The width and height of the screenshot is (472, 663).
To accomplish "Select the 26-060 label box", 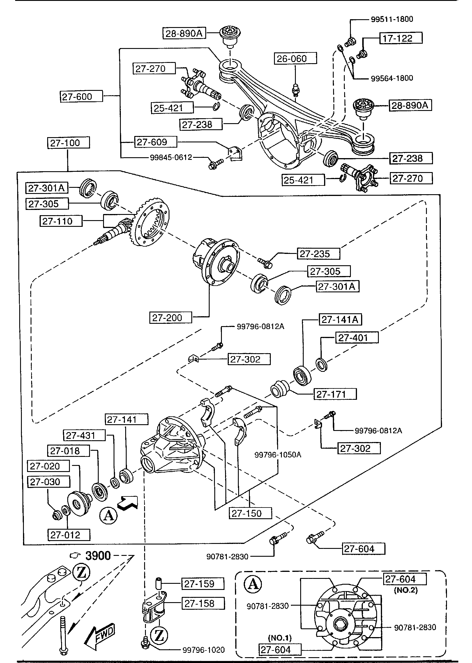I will point(295,59).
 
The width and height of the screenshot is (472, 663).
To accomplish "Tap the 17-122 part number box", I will point(401,38).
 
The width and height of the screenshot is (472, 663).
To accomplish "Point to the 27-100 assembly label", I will point(68,143).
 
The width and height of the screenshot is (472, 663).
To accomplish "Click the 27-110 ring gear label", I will point(61,221).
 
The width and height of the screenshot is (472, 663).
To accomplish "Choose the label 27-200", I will point(171,317).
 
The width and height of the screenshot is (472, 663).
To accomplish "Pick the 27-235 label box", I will point(318,254).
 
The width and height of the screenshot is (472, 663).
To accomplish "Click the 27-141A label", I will point(340,320).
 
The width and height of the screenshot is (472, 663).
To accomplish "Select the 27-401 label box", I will point(357,338).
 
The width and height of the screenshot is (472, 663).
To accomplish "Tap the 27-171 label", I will point(335,394).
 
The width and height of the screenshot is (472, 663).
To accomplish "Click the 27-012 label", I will point(69,535).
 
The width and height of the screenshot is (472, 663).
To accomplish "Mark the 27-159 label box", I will point(203,584).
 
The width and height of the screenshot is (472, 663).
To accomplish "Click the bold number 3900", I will point(98,556).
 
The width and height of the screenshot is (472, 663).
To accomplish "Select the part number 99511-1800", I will point(392,19).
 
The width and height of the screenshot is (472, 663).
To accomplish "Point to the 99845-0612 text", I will point(171,158).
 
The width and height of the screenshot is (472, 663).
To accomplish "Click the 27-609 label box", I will point(155,142).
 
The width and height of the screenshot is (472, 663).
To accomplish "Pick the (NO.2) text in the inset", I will point(406,590).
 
